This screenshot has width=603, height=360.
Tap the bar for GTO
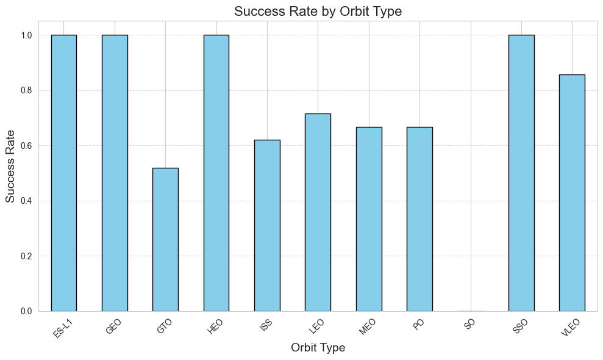[x=165, y=239]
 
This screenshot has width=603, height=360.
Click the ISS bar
[x=267, y=225]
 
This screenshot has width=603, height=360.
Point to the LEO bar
[x=318, y=212]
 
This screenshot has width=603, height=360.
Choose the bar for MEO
[x=369, y=219]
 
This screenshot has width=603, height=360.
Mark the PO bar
[x=419, y=219]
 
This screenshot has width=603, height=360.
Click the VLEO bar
[x=572, y=193]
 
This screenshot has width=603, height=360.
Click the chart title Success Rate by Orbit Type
[x=318, y=11]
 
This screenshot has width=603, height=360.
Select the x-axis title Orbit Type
[x=318, y=348]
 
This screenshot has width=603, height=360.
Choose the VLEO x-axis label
[x=569, y=326]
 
